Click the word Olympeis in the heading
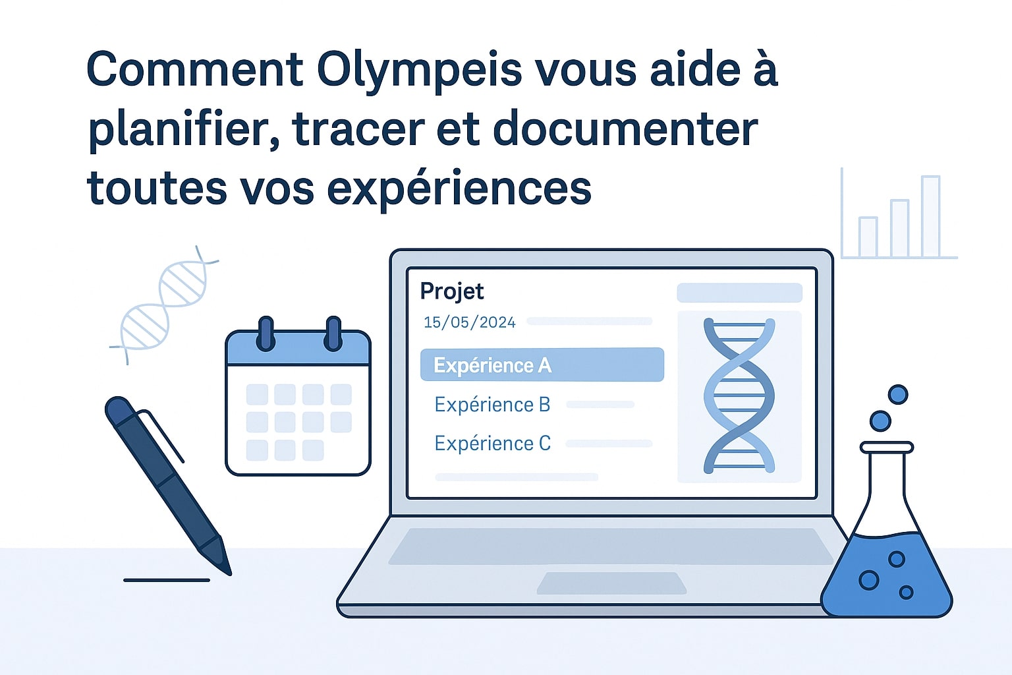pos(419,71)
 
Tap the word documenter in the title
pos(625,129)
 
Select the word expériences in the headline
pos(459,189)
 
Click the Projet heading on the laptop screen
pos(452,291)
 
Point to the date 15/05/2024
pos(469,322)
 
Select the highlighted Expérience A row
pos(542,365)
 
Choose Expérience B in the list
pos(492,405)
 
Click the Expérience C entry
pos(492,444)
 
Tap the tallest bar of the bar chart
pos(931,217)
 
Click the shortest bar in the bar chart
pos(868,237)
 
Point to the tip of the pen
pos(230,574)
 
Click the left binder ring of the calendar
pos(266,334)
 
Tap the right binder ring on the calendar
pos(333,334)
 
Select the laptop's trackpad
pos(611,583)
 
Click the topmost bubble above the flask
pos(898,394)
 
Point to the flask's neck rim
pos(887,448)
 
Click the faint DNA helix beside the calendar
pos(164,305)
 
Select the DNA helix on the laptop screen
pos(739,396)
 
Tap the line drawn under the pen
pos(167,580)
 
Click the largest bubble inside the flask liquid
pos(868,580)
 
